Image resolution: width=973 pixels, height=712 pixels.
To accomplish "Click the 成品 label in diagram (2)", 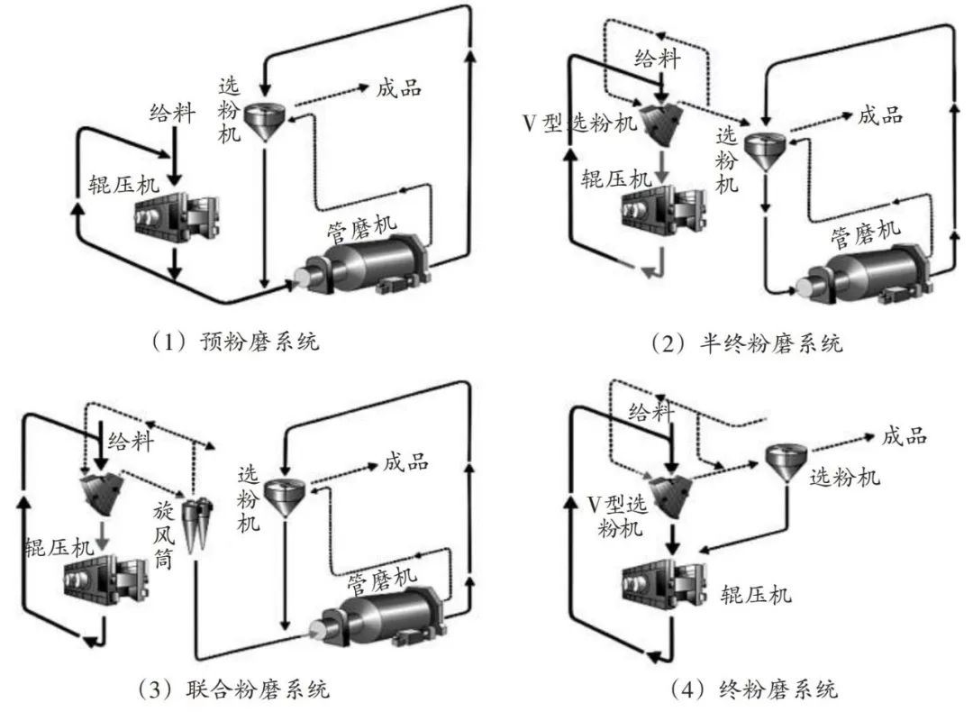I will tap(879, 114).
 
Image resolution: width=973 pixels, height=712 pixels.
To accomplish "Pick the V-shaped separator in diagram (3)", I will tap(98, 492).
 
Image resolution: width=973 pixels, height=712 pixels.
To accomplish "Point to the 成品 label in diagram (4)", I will tap(904, 436).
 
